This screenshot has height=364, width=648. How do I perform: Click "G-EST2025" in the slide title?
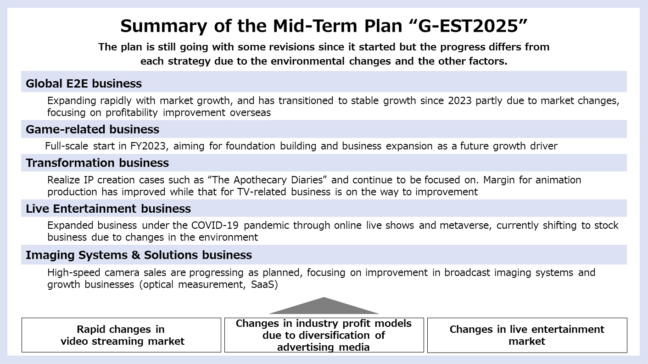point(468,26)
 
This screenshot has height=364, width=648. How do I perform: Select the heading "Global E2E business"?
point(84,83)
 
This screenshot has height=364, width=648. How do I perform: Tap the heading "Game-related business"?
point(93,129)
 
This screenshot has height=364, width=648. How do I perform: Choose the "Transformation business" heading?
point(97,163)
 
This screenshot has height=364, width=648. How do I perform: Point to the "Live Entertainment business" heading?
point(108,209)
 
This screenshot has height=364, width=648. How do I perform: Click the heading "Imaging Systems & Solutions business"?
point(139,255)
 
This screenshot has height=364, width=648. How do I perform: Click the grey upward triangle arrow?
point(324,306)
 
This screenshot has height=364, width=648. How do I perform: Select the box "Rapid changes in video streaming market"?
point(121,335)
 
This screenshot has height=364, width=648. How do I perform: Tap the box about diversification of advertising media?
point(324,335)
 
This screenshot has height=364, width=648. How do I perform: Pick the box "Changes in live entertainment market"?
point(527,335)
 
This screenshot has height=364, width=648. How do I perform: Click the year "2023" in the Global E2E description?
point(460,100)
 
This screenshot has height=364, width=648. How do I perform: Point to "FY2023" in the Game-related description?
point(149,146)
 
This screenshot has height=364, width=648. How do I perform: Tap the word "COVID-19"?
point(215,226)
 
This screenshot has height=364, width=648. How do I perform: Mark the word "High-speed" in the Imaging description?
point(74,273)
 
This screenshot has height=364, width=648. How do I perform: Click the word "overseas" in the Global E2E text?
point(250,113)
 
